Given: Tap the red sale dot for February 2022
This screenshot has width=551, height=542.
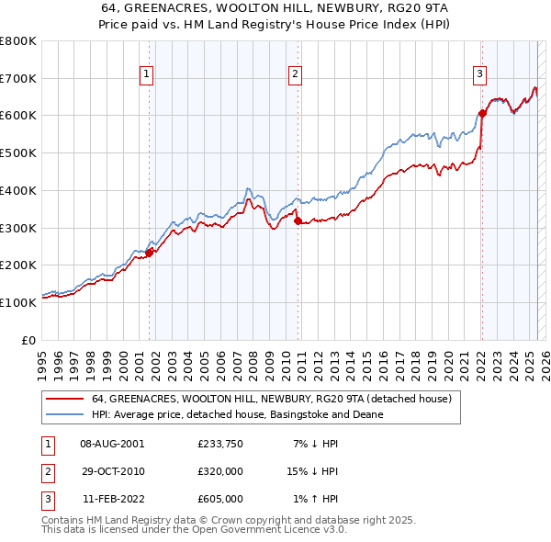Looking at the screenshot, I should point(482,114).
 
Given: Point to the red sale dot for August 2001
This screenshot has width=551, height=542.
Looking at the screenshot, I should point(149,253).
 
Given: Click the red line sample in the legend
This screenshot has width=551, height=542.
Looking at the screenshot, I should point(64,400).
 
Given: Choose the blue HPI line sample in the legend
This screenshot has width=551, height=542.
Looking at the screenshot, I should point(64,415).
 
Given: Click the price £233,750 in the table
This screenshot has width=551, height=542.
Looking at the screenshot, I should point(220,443).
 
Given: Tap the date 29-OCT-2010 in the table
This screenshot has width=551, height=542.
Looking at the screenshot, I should point(112,471).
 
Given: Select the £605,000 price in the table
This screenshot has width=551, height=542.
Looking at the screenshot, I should point(220,499).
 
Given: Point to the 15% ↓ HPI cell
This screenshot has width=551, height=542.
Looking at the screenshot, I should point(312,471).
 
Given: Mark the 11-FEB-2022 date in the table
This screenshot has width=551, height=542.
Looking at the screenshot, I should point(112,499).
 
